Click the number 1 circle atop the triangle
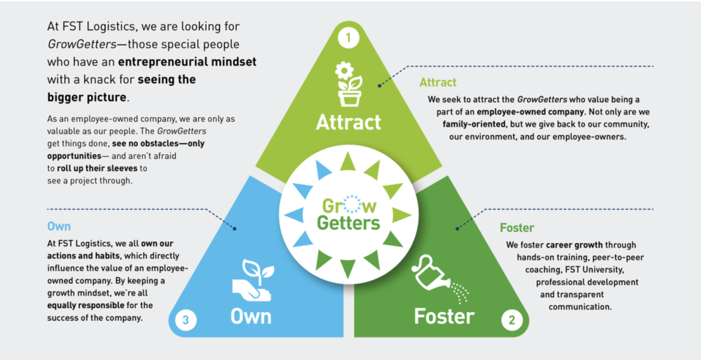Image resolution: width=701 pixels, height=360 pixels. pyautogui.click(x=349, y=38)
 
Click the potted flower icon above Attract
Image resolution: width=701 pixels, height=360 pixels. pyautogui.click(x=349, y=83)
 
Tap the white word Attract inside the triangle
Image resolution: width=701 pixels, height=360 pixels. pyautogui.click(x=349, y=123)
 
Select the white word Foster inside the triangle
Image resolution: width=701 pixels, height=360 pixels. pyautogui.click(x=444, y=316)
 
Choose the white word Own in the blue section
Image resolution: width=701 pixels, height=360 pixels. pyautogui.click(x=251, y=316)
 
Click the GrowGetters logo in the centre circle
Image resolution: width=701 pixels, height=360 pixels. pyautogui.click(x=349, y=214)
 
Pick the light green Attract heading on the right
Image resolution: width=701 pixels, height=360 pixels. pyautogui.click(x=437, y=82)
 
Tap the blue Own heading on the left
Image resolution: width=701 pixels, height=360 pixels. pyautogui.click(x=59, y=226)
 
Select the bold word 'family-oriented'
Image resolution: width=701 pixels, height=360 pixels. pyautogui.click(x=479, y=126)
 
